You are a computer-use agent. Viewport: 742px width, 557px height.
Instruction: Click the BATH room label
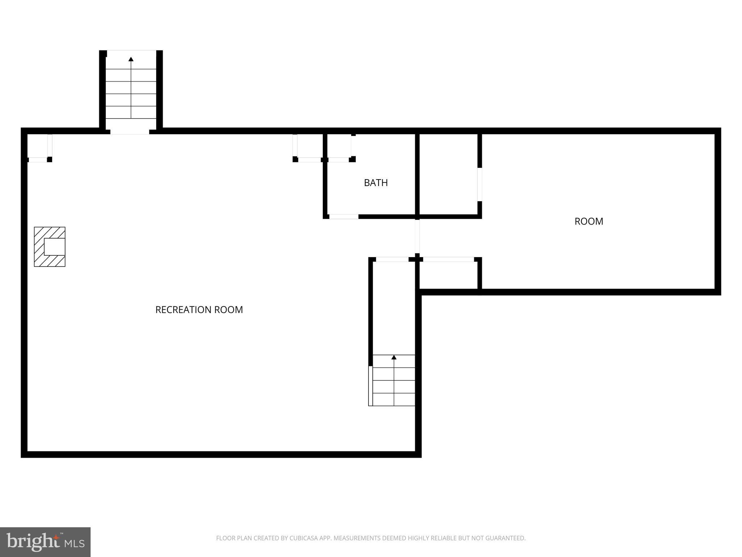click(x=376, y=183)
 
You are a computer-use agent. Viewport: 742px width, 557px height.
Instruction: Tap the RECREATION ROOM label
click(x=199, y=310)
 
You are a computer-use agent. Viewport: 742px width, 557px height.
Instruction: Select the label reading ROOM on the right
click(x=589, y=221)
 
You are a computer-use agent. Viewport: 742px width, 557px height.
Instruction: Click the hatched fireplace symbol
click(x=50, y=247)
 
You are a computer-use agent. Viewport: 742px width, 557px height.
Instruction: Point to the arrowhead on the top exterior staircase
click(x=131, y=59)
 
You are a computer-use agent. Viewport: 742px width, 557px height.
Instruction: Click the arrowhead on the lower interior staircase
click(x=394, y=358)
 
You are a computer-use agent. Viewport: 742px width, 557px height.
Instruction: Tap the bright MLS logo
click(x=45, y=542)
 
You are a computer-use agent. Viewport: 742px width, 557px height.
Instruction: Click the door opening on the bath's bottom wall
click(x=343, y=217)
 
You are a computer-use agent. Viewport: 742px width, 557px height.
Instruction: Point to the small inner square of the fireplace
click(x=54, y=247)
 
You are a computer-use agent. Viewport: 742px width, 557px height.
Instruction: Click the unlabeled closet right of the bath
click(x=449, y=174)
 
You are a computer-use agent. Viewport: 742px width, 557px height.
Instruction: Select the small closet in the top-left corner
click(x=38, y=147)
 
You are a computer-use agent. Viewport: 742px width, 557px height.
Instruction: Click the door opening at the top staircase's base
click(x=130, y=131)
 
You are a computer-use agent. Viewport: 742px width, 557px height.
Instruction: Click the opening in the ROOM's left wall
click(x=480, y=184)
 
